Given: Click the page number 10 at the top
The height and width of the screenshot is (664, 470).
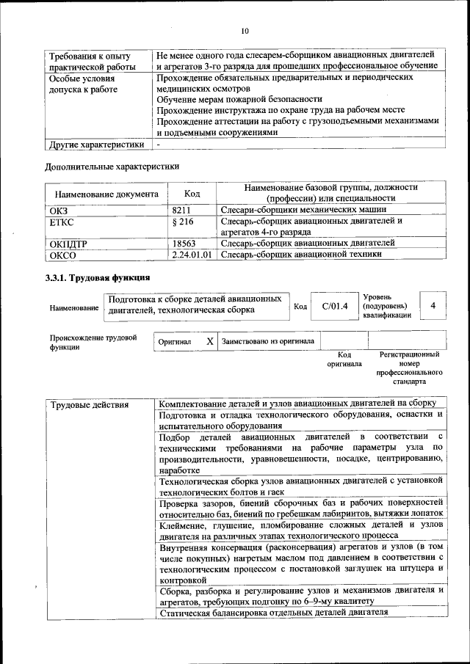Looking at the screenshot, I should [245, 31].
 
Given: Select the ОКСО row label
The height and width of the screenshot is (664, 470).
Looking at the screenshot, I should [62, 255].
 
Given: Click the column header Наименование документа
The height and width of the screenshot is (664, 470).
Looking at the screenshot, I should [104, 194].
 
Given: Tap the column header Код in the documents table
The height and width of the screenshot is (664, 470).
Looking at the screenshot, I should [192, 194].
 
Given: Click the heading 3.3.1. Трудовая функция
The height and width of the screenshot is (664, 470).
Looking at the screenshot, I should [98, 278].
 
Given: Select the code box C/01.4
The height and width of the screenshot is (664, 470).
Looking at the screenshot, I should [334, 306].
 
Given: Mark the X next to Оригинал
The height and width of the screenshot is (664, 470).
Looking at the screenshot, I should [210, 341].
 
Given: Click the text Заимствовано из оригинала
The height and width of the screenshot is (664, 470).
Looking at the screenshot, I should [268, 341].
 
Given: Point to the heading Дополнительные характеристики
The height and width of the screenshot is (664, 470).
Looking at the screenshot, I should [112, 167].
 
